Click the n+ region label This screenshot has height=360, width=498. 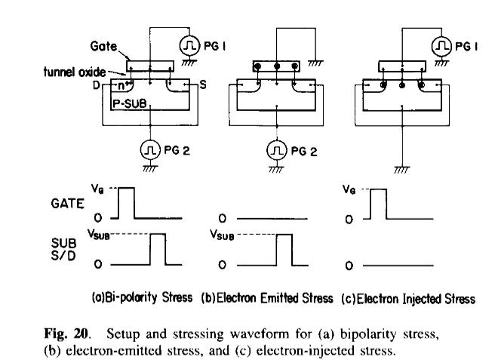tap(123, 85)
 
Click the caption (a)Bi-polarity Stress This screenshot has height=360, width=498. tap(140, 298)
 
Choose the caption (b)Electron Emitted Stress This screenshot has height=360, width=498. tap(267, 298)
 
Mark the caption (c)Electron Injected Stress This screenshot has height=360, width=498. tap(408, 298)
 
